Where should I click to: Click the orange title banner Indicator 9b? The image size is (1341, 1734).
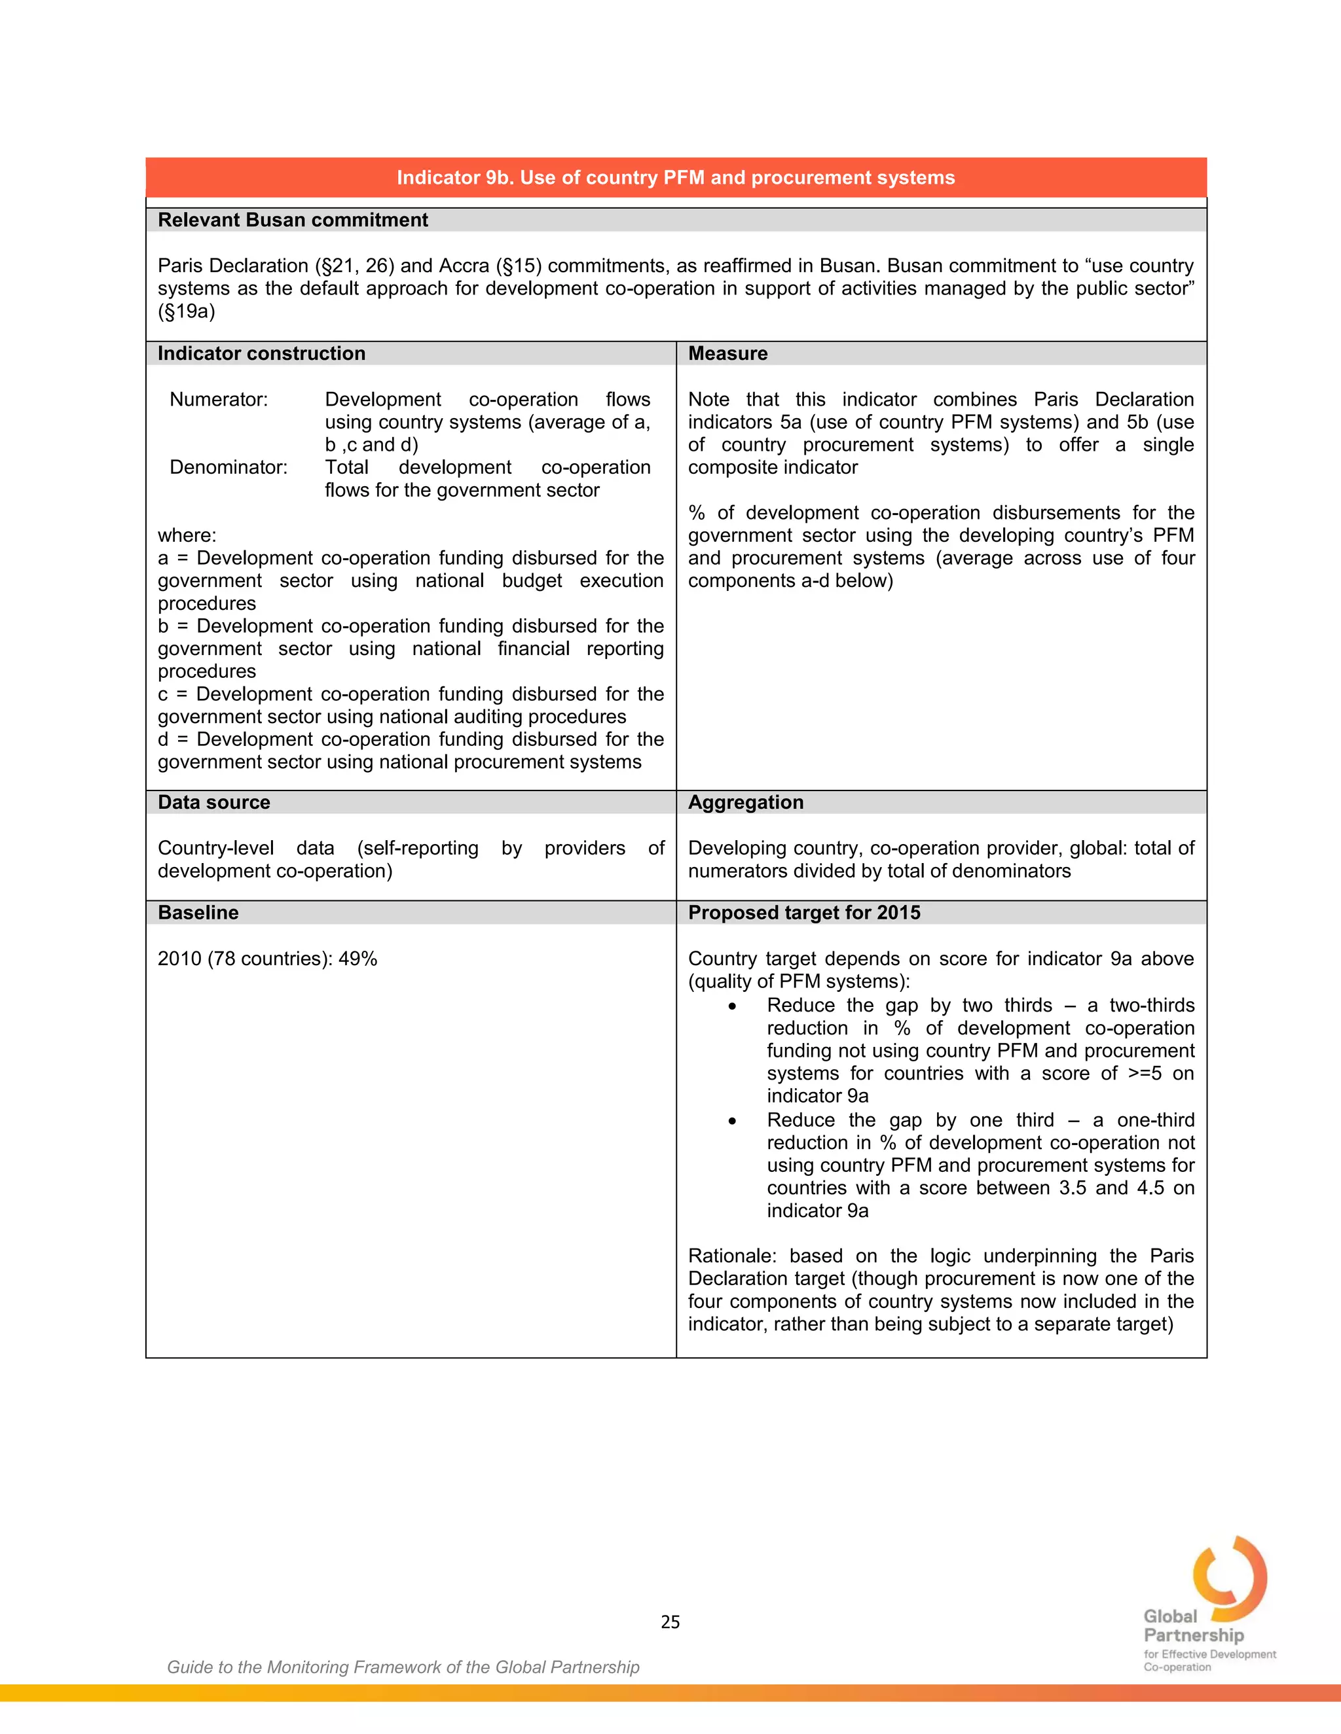[675, 177]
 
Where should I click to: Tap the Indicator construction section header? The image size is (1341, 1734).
[261, 353]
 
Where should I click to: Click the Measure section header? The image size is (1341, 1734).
[727, 353]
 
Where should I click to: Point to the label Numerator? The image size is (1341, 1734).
[219, 399]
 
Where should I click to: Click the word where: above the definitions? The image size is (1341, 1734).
[187, 535]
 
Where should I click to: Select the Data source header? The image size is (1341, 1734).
[213, 802]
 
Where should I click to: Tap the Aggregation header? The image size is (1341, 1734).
[745, 802]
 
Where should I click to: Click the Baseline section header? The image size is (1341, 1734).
[198, 912]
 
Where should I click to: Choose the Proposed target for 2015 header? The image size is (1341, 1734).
[804, 912]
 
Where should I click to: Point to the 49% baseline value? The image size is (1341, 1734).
[358, 959]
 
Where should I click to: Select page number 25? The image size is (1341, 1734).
[670, 1621]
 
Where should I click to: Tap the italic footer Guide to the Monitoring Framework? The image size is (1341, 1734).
[403, 1667]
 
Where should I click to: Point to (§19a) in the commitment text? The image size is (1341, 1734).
[186, 311]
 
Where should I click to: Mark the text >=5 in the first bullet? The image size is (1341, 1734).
[1144, 1073]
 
